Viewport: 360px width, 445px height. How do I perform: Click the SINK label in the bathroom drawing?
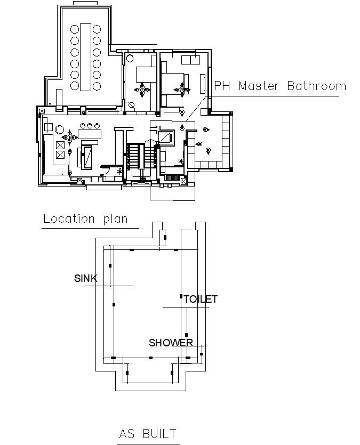pyautogui.click(x=85, y=278)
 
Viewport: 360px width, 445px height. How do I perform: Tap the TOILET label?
pyautogui.click(x=201, y=299)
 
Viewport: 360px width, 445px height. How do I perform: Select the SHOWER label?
pyautogui.click(x=171, y=343)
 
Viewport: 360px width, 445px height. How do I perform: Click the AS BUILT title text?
pyautogui.click(x=148, y=433)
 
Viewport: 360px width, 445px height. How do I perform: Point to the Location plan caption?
pyautogui.click(x=85, y=219)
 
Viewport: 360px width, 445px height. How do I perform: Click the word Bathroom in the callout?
pyautogui.click(x=317, y=86)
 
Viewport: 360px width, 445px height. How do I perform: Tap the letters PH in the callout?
pyautogui.click(x=222, y=86)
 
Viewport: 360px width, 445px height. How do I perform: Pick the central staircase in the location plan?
pyautogui.click(x=141, y=157)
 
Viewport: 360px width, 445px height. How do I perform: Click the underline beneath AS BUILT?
pyautogui.click(x=148, y=443)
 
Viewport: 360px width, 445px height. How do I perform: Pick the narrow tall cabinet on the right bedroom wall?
pyautogui.click(x=203, y=85)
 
